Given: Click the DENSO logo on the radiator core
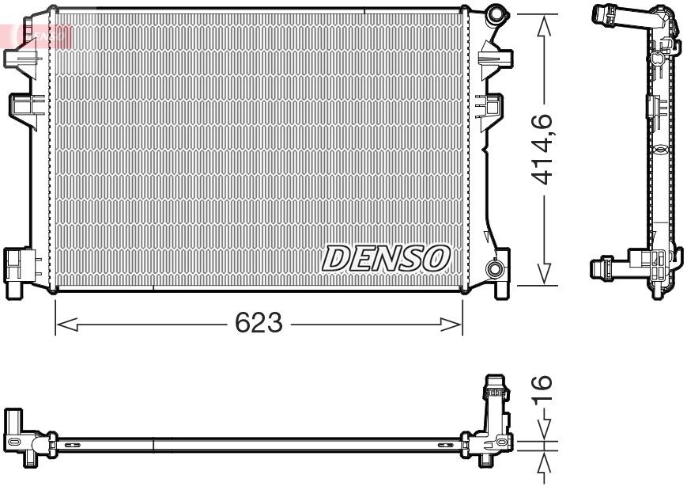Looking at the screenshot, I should [385, 257].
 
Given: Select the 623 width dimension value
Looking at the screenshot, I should [259, 323].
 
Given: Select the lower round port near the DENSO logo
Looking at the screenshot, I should [495, 269].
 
